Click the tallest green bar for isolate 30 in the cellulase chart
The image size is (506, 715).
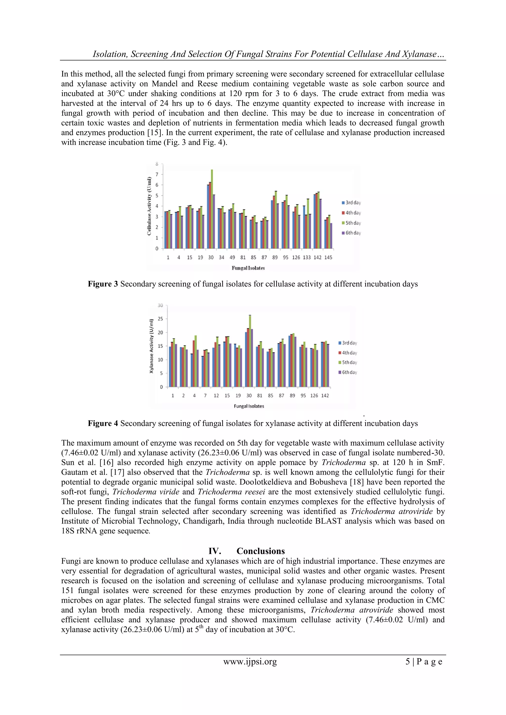(212, 209)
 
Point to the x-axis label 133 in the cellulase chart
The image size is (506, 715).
(307, 258)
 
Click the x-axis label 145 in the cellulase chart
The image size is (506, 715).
(328, 258)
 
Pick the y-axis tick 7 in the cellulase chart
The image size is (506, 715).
(157, 174)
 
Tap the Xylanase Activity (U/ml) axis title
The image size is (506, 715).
(151, 346)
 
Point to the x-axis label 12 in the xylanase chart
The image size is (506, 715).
(216, 395)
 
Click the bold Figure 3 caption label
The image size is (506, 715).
(103, 284)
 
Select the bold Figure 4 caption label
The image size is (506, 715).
(103, 424)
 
